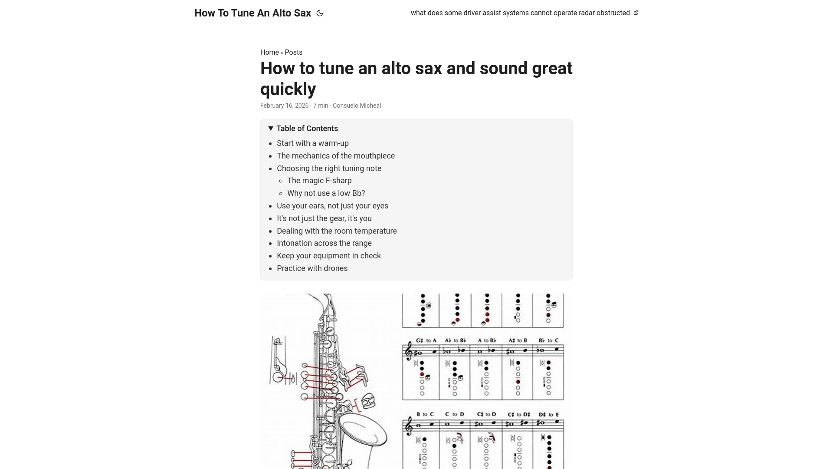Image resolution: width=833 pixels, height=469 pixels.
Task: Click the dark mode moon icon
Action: click(x=320, y=13)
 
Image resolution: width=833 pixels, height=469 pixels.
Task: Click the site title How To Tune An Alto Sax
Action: click(x=253, y=13)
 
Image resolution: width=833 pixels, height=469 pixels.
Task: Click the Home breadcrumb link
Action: click(x=269, y=52)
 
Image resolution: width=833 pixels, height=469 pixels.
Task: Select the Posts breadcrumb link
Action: click(x=294, y=52)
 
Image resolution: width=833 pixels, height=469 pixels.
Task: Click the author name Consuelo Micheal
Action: click(x=357, y=106)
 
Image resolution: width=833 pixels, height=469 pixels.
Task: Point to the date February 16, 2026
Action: click(x=284, y=106)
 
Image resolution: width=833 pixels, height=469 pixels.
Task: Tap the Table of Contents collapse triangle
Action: click(x=271, y=129)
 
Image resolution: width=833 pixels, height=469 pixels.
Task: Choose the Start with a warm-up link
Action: click(x=312, y=143)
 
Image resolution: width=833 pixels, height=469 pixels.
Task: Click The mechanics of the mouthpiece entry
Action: click(x=335, y=156)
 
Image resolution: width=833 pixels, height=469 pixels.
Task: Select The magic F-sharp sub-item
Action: click(x=319, y=181)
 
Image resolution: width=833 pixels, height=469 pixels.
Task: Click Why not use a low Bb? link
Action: click(x=326, y=193)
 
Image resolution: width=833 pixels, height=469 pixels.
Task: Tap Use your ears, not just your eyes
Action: click(x=332, y=206)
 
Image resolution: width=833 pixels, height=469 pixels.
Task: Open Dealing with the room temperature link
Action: click(x=337, y=231)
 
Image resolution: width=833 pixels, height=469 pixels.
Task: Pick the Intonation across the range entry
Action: click(x=324, y=243)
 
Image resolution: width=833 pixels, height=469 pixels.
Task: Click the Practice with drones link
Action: click(x=312, y=268)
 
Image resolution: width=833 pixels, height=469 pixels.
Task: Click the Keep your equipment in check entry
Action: click(x=328, y=256)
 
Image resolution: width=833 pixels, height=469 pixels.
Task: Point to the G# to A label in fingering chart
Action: click(x=426, y=340)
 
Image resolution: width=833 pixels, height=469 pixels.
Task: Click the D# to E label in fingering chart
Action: click(x=549, y=415)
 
